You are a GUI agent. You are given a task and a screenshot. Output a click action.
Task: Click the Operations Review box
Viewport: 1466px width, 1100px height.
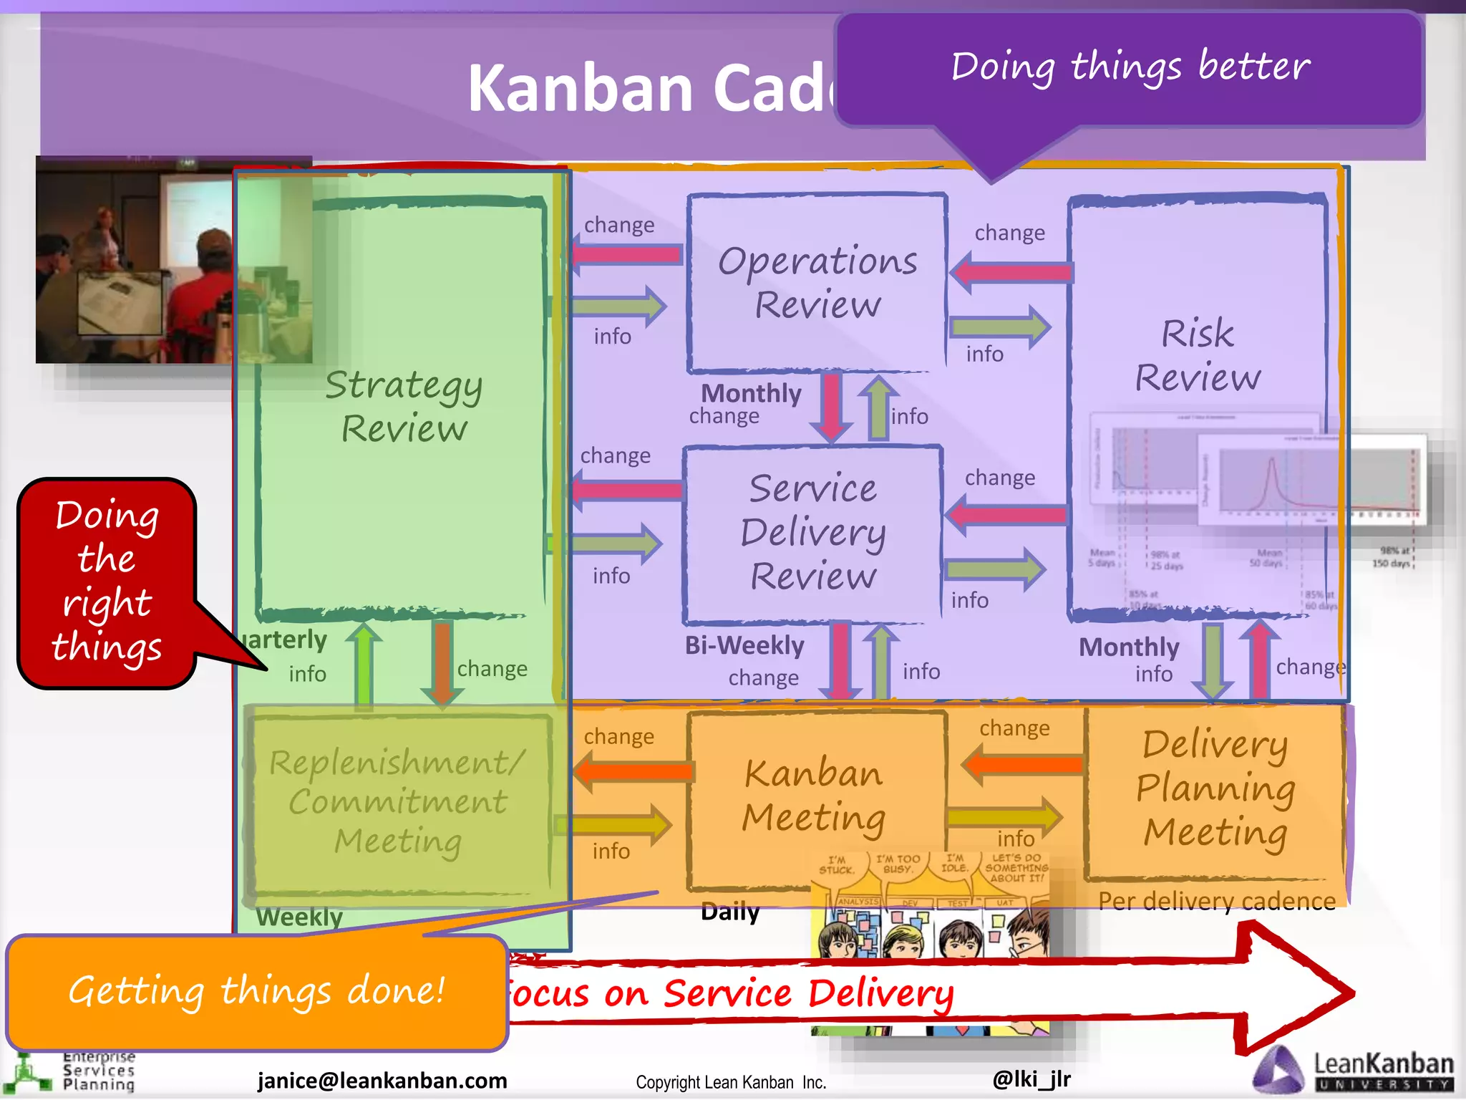pyautogui.click(x=817, y=283)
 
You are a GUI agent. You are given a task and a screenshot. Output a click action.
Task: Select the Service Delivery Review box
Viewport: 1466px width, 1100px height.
pyautogui.click(x=812, y=534)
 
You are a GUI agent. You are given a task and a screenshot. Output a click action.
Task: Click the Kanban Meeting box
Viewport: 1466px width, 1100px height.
pyautogui.click(x=814, y=795)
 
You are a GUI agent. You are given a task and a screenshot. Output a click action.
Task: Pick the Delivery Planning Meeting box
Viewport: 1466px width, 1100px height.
pyautogui.click(x=1215, y=788)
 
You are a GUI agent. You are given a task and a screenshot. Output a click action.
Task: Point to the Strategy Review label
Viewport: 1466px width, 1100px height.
pyautogui.click(x=404, y=406)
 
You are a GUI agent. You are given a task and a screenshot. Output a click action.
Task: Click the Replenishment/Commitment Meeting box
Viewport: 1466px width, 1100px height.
pyautogui.click(x=398, y=802)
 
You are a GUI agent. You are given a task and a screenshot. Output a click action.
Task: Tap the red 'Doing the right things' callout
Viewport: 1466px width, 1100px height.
pyautogui.click(x=107, y=582)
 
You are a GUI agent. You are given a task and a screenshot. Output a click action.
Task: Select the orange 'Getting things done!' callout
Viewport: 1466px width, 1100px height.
pyautogui.click(x=257, y=992)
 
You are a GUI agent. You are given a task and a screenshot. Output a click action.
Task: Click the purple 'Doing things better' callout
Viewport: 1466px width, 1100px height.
pyautogui.click(x=1129, y=68)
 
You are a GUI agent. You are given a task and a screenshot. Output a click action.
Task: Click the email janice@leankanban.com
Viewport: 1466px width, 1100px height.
pyautogui.click(x=382, y=1080)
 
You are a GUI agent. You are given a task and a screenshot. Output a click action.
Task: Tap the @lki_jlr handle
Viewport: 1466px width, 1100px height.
pyautogui.click(x=1031, y=1079)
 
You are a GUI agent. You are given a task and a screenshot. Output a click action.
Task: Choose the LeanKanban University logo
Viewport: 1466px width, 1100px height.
pyautogui.click(x=1353, y=1071)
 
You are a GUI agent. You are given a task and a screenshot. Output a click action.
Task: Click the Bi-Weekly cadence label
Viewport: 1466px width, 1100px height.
pyautogui.click(x=744, y=645)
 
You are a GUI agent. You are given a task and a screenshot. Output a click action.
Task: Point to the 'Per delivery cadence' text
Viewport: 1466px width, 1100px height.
pyautogui.click(x=1217, y=901)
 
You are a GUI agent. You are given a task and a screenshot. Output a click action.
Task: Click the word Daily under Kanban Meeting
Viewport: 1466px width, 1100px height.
pyautogui.click(x=730, y=912)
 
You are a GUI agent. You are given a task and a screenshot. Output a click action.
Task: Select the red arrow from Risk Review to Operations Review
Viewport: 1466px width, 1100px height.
pyautogui.click(x=1011, y=272)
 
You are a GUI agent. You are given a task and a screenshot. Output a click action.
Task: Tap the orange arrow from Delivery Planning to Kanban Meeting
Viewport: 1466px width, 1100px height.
pyautogui.click(x=1021, y=764)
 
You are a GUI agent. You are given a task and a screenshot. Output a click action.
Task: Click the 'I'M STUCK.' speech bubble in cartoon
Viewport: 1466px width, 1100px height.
pyautogui.click(x=837, y=865)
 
